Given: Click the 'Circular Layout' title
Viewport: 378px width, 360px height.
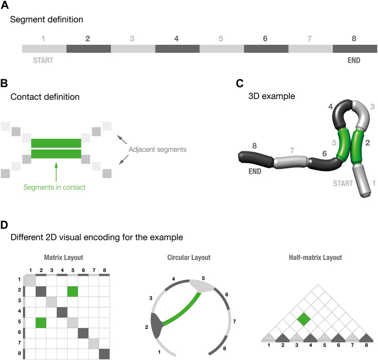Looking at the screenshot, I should click(x=189, y=259).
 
